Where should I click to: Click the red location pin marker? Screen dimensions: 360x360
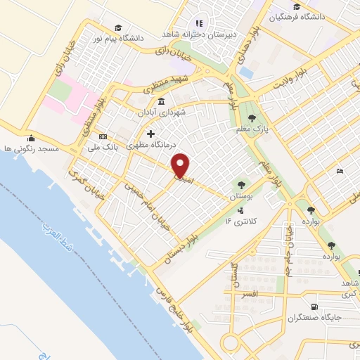(x=181, y=165)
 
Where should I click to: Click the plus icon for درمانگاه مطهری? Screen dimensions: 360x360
(x=150, y=134)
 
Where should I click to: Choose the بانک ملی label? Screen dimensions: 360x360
(x=100, y=147)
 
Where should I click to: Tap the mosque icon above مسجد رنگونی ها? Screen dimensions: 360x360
(x=30, y=138)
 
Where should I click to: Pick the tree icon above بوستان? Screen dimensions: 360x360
(x=243, y=185)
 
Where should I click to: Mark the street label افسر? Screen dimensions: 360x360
(x=248, y=292)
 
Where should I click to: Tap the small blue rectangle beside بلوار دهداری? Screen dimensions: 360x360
(x=245, y=72)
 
